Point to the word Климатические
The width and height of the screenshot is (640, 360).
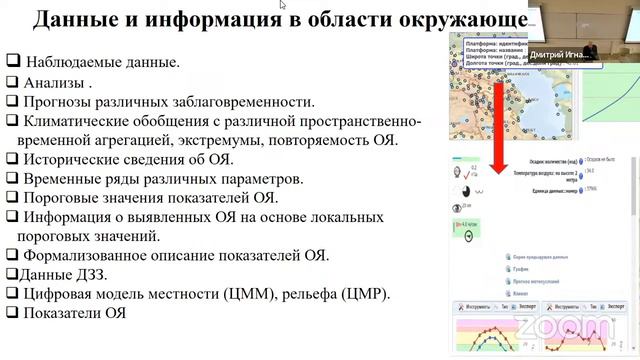pyautogui.click(x=82, y=121)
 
